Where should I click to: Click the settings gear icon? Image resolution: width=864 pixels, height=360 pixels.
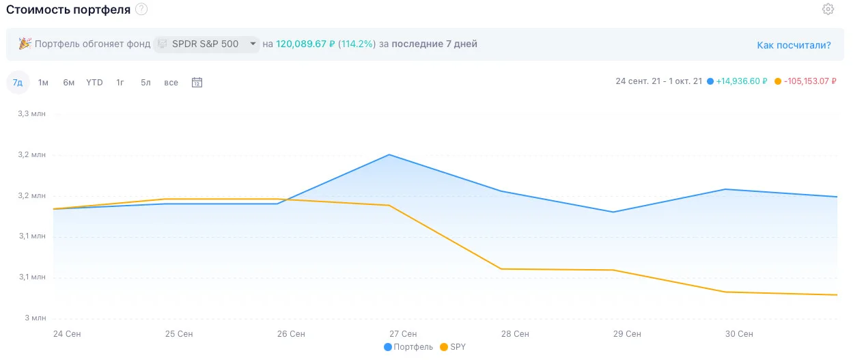tap(828, 9)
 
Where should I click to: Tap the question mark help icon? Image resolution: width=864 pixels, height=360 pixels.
tap(141, 9)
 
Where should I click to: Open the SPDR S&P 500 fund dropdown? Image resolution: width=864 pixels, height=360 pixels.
tap(206, 44)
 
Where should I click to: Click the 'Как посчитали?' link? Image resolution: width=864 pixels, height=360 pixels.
tap(794, 45)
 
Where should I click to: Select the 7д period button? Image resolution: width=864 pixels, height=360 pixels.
tap(18, 82)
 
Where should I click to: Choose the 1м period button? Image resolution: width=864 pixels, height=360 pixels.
tap(43, 83)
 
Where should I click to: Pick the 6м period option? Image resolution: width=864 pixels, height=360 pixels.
tap(69, 83)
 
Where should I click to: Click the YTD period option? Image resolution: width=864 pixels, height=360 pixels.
tap(94, 83)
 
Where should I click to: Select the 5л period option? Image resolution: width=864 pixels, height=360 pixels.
tap(145, 83)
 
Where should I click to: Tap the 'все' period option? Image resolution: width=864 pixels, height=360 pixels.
tap(171, 83)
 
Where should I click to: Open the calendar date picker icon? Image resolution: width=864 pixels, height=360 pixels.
tap(197, 82)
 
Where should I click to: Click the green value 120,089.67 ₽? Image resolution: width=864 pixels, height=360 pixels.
tap(305, 44)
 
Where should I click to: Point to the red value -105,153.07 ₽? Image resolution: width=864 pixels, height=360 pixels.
tap(810, 81)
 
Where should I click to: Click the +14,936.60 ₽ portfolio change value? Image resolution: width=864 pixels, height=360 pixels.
tap(741, 81)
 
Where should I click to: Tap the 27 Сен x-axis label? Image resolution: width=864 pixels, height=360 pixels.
tap(403, 334)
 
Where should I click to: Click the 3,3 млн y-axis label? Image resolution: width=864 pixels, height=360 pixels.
tap(31, 114)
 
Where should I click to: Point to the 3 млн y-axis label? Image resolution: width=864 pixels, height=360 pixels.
tap(36, 318)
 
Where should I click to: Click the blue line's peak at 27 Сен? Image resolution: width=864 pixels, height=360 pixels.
tap(389, 155)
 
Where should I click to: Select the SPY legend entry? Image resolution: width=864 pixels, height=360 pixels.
tap(453, 347)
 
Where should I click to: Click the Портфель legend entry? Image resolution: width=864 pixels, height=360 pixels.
tap(408, 347)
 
